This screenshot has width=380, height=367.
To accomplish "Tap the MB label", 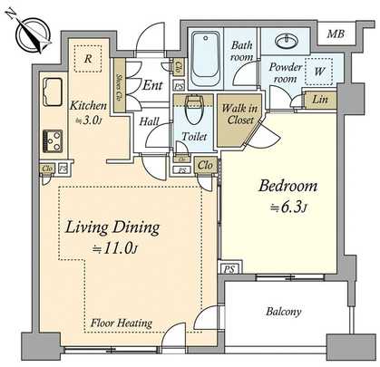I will pos(336,35).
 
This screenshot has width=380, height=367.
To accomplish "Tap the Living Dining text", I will pos(112,227).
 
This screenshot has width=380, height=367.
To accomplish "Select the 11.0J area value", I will pos(113,246).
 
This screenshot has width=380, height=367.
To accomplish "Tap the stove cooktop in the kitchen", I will pos(52,140).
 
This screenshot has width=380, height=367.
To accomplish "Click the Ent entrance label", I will pos(151,87).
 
